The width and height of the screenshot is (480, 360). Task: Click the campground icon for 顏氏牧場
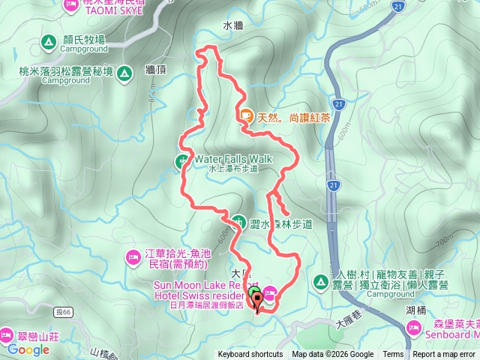click(x=49, y=40)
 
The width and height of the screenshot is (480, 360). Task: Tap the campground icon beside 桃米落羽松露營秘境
click(x=127, y=72)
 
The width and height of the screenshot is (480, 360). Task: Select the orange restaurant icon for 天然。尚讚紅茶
click(x=246, y=115)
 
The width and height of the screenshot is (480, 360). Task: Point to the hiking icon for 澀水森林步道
click(x=238, y=222)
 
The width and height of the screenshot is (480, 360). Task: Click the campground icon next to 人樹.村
click(x=320, y=281)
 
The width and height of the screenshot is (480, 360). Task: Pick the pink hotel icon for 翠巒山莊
click(x=7, y=333)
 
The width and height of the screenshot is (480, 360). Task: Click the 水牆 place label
click(x=232, y=25)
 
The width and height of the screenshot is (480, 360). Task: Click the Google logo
click(x=28, y=349)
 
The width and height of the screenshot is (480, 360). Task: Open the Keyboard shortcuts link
click(x=250, y=355)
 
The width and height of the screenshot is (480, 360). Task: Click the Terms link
click(x=393, y=355)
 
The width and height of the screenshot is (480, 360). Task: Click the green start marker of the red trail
click(x=254, y=293)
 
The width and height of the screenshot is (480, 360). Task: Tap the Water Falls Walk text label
click(x=232, y=159)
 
